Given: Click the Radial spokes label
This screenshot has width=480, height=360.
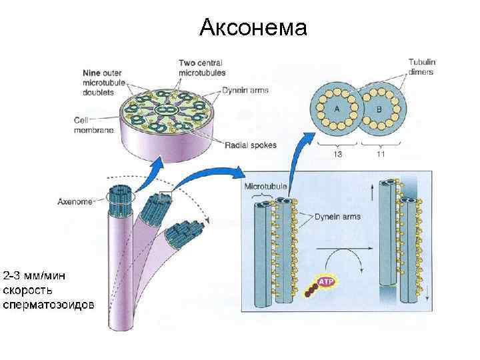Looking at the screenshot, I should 251,144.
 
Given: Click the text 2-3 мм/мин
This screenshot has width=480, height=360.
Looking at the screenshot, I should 43,276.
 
